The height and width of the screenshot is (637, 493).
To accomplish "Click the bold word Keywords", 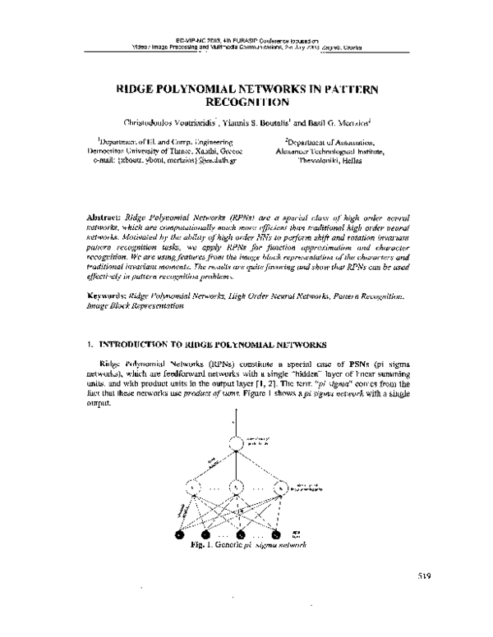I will pos(107,293).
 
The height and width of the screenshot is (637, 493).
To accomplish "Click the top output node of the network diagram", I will pos(237,445).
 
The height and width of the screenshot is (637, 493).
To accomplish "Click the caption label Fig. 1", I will pos(200,545).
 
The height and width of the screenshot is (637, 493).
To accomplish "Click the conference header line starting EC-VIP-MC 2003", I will pos(246,38).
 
